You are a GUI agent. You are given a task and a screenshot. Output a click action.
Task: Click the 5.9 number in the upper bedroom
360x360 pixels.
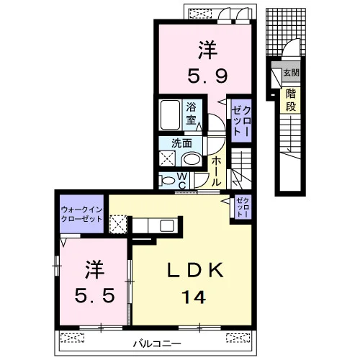click(x=207, y=75)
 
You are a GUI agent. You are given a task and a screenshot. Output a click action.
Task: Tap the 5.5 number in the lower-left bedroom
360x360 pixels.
click(x=94, y=295)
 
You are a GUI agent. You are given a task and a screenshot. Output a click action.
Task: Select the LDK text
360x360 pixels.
click(x=195, y=270)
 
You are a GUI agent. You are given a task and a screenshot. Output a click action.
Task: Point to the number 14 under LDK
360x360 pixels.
click(x=194, y=297)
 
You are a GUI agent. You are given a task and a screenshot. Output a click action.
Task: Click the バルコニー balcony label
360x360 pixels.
click(x=157, y=344)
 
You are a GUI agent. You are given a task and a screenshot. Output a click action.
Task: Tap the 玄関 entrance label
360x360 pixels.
click(x=291, y=73)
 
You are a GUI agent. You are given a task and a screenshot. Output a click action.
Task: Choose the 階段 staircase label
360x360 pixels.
click(x=291, y=100)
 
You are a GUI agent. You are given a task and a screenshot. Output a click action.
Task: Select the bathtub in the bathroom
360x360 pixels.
click(x=170, y=115)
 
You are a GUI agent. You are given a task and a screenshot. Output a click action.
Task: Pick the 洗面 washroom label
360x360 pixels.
click(x=181, y=143)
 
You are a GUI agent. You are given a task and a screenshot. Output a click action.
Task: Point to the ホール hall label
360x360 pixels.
click(x=216, y=171)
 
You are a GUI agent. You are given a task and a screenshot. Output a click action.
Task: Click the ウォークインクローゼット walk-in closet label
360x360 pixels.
click(x=82, y=214)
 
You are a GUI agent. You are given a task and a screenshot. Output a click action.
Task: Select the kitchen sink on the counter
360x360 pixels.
click(x=167, y=225)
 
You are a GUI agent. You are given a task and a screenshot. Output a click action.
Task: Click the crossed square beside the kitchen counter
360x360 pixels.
click(x=118, y=224)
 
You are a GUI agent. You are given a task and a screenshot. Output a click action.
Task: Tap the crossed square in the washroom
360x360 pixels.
click(x=168, y=158)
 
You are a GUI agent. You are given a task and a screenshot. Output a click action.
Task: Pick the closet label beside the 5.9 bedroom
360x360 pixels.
click(x=241, y=121)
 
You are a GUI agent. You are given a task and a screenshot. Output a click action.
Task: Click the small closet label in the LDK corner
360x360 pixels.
click(x=243, y=207)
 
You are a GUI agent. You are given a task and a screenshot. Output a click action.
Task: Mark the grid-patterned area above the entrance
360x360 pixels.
click(x=286, y=32)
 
